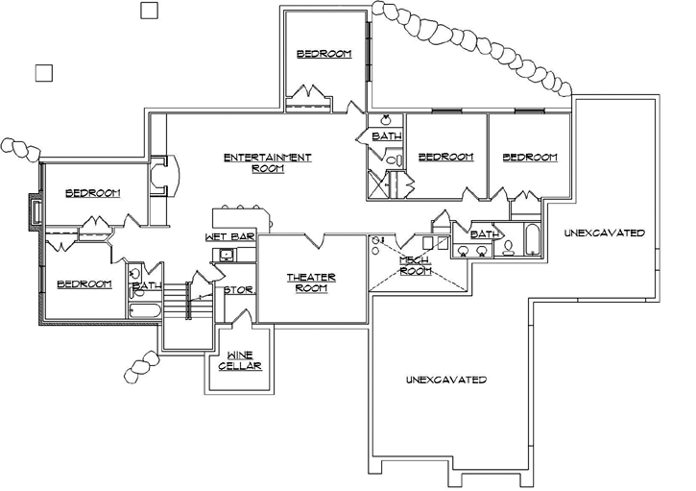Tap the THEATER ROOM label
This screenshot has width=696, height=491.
click(x=311, y=282)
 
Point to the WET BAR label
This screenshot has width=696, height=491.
click(x=228, y=236)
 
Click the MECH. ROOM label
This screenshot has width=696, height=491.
click(x=415, y=265)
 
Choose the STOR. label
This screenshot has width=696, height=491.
click(x=237, y=289)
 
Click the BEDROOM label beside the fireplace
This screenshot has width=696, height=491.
click(x=92, y=193)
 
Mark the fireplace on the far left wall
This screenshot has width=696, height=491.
click(x=36, y=212)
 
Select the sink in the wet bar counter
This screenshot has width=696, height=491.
click(x=227, y=255)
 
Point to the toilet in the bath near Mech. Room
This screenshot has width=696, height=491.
click(x=507, y=249)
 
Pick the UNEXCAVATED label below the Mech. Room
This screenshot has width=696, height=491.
click(x=444, y=380)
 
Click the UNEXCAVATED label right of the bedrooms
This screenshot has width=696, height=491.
click(x=604, y=233)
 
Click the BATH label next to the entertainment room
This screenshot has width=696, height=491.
click(x=386, y=137)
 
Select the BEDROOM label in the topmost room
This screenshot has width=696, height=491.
click(x=324, y=54)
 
